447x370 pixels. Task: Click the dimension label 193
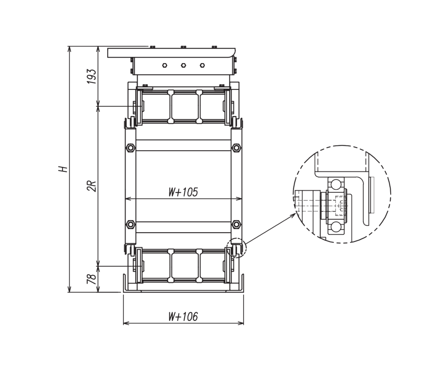tap(92, 76)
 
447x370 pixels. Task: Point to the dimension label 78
tap(91, 279)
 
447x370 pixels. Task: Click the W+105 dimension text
tap(183, 192)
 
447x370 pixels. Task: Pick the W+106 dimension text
tap(183, 316)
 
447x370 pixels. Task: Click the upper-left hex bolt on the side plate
tap(131, 148)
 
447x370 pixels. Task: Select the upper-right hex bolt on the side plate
tap(236, 148)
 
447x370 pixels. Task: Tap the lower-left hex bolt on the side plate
tap(131, 224)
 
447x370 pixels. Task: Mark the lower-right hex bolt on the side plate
tap(236, 224)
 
